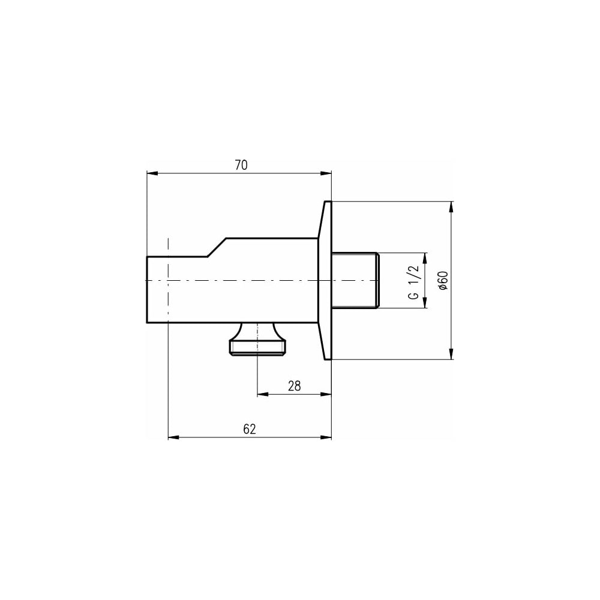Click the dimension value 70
(x=241, y=165)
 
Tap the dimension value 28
(x=294, y=386)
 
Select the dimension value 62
(x=250, y=430)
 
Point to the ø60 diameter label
(x=443, y=280)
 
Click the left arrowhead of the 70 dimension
(x=152, y=173)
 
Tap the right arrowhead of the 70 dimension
(x=326, y=173)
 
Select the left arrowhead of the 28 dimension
(x=263, y=394)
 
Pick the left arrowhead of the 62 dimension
(x=174, y=437)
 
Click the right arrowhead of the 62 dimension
(x=326, y=437)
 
